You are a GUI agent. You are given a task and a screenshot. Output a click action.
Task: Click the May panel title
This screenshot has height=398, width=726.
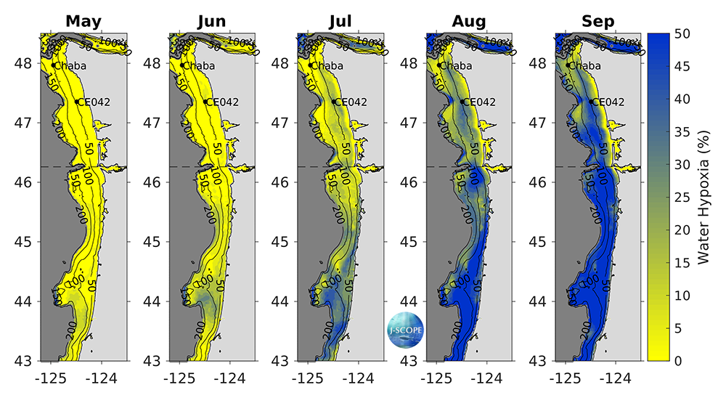tap(83, 21)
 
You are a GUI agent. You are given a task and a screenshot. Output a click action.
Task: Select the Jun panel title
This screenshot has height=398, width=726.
tap(211, 21)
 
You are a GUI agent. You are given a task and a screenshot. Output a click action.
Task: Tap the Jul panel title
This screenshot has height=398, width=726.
tap(340, 21)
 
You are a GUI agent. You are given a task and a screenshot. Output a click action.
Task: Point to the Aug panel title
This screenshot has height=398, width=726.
tap(468, 21)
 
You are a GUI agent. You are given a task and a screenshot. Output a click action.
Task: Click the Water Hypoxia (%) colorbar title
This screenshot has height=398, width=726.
tap(703, 198)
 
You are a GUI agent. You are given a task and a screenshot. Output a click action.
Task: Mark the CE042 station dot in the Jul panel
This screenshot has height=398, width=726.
tap(333, 102)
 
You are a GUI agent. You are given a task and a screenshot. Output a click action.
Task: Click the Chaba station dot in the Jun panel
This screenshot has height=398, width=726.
tap(182, 65)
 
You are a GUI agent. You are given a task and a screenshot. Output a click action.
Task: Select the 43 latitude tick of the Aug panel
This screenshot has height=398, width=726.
tap(411, 360)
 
